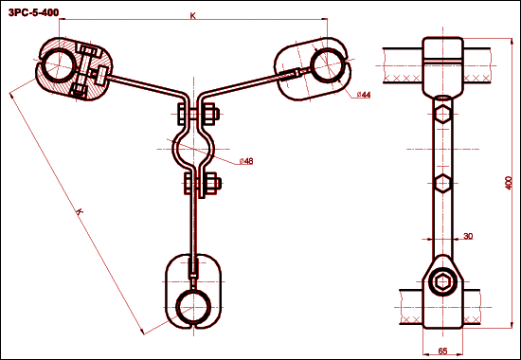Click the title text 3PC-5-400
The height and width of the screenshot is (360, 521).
click(x=33, y=12)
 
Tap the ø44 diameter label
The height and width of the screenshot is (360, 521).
click(x=364, y=95)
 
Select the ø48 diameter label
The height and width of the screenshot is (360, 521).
click(x=246, y=161)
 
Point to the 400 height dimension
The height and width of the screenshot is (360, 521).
click(x=509, y=183)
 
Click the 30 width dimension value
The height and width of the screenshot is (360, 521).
click(x=468, y=236)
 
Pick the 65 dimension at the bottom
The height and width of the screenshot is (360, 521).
click(x=442, y=351)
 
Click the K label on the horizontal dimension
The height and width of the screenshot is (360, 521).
click(x=192, y=15)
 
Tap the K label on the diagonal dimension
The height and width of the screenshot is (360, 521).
click(x=79, y=212)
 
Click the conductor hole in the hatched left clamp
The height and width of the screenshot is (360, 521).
click(x=58, y=64)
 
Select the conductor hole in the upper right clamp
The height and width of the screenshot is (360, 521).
click(x=327, y=65)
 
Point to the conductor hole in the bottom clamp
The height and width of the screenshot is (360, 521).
click(x=193, y=307)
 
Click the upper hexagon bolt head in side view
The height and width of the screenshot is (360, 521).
click(x=442, y=114)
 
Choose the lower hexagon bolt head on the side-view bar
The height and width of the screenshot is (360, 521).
click(x=442, y=183)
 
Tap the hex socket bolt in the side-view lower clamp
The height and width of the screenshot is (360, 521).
click(x=442, y=282)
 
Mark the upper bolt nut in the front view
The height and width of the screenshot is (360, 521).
click(x=209, y=114)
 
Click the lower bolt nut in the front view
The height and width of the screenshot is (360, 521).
click(x=211, y=183)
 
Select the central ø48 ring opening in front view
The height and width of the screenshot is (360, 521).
click(x=193, y=149)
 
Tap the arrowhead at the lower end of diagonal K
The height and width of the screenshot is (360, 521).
click(x=142, y=332)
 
